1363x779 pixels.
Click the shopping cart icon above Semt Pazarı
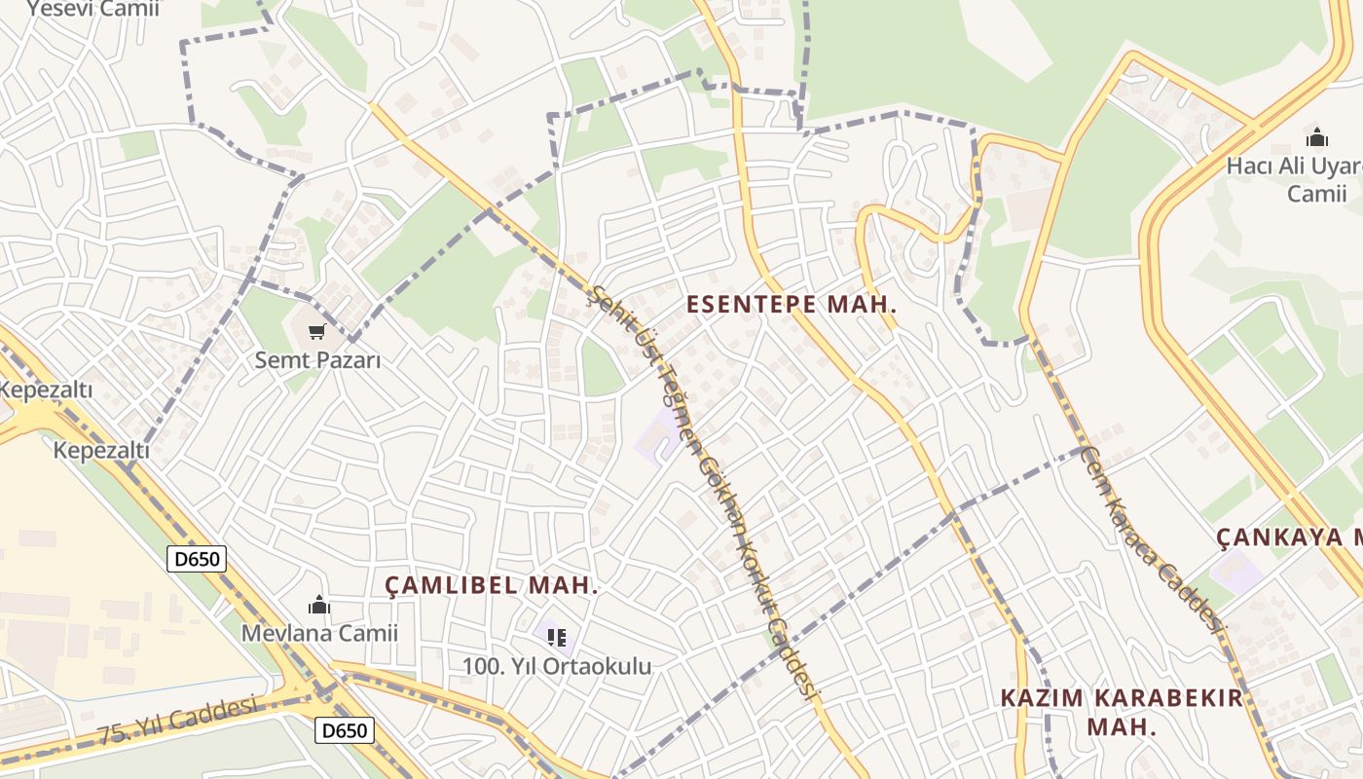316,332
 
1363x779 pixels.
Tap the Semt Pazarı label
317,359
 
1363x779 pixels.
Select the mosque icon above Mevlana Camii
318,605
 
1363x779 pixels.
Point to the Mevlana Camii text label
319,633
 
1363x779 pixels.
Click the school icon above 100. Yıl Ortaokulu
556,638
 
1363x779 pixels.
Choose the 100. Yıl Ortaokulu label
556,666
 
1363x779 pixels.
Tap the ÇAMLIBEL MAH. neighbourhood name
491,585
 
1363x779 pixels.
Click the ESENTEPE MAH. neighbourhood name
791,304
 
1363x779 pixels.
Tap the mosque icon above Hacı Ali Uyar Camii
1317,137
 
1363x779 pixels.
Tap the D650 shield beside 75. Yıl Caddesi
345,729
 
